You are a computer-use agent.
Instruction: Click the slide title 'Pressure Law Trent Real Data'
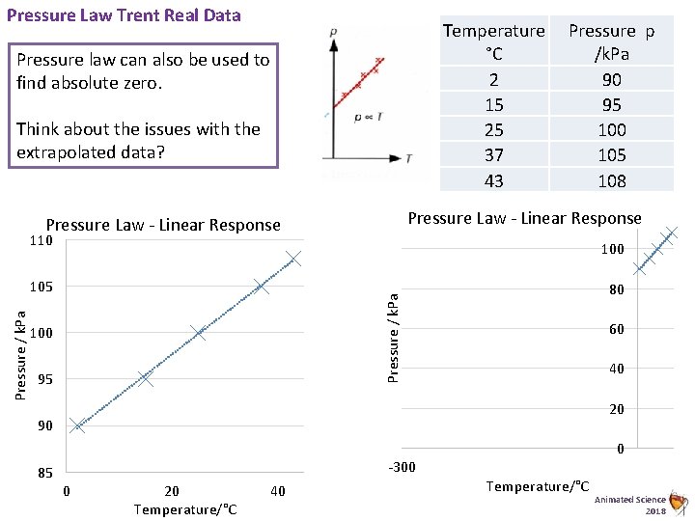(123, 15)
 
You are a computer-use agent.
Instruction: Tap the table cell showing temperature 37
(493, 154)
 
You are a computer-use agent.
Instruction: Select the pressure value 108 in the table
(611, 180)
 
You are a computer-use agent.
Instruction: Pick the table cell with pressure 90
(611, 79)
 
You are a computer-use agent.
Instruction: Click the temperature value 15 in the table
(493, 104)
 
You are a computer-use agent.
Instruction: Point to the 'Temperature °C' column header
(493, 41)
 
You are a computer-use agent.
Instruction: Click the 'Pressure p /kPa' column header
(611, 41)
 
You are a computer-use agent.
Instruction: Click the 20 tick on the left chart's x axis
(172, 492)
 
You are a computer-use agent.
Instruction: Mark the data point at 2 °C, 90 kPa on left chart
(77, 425)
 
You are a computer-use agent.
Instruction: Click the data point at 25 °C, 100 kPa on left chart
(199, 333)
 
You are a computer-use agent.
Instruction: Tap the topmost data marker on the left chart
(293, 259)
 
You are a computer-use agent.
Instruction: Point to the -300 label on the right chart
(402, 468)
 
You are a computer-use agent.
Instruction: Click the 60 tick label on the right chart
(615, 329)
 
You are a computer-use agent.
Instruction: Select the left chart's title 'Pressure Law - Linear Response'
(163, 225)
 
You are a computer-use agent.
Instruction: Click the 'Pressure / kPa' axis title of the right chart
(394, 325)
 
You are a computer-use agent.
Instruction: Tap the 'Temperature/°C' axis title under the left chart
(184, 509)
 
